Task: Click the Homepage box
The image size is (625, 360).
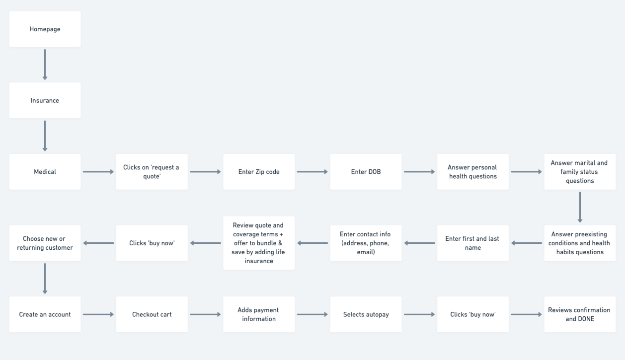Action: [x=45, y=29]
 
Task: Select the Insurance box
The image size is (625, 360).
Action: [x=45, y=100]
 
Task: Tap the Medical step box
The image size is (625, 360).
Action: [x=45, y=172]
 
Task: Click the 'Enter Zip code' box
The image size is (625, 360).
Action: [x=259, y=172]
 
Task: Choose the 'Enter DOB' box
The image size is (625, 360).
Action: [x=366, y=172]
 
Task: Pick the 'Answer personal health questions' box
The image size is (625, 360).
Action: [x=472, y=172]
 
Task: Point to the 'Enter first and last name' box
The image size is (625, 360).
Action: [x=472, y=243]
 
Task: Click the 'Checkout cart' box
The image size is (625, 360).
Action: [x=152, y=314]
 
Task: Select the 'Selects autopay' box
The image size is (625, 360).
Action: [x=366, y=314]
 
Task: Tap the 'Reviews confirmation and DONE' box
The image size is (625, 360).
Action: [x=579, y=314]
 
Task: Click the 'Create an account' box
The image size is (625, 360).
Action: [x=45, y=314]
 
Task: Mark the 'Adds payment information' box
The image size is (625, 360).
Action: [x=259, y=314]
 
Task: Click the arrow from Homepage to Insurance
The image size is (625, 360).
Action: [x=45, y=65]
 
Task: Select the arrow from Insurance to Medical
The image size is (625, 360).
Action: [x=45, y=136]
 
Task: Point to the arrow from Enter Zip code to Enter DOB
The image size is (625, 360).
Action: [x=312, y=172]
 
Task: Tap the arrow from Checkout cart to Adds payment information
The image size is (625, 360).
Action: [x=205, y=314]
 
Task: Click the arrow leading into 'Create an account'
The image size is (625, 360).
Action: [x=45, y=279]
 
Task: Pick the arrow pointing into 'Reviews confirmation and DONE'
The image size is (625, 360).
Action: [x=526, y=314]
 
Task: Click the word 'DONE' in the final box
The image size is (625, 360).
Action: [x=585, y=319]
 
